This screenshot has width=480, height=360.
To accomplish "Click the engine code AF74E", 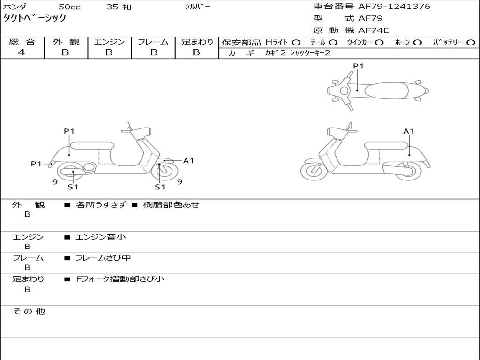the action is click(374, 31).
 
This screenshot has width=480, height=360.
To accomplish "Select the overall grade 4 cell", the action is click(22, 52).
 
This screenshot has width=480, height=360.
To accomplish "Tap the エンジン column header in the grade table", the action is click(109, 42).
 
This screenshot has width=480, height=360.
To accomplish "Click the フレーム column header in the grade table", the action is click(153, 42).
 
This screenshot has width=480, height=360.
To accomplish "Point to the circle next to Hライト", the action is click(296, 43).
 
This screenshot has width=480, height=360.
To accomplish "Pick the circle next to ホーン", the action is click(417, 43).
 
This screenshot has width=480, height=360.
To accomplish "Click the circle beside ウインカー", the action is click(379, 43).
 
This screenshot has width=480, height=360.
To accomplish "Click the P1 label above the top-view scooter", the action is click(358, 66).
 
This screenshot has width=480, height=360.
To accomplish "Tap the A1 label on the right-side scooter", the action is click(409, 131).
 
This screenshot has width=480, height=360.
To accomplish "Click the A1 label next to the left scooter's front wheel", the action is click(188, 161).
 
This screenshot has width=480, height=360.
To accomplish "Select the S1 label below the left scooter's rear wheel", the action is click(73, 187).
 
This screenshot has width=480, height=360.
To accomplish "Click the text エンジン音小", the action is click(101, 237).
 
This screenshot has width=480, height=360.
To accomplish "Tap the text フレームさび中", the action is click(103, 258).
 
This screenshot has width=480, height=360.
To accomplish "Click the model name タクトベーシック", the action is click(35, 18).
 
